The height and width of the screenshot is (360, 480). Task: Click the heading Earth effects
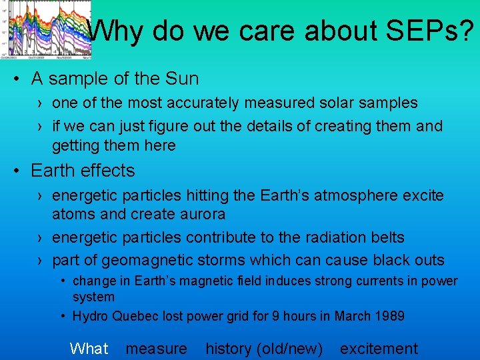pyautogui.click(x=83, y=171)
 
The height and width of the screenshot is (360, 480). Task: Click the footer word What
pyautogui.click(x=89, y=349)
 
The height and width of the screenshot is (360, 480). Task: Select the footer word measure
pyautogui.click(x=157, y=349)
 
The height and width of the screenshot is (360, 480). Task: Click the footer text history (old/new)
pyautogui.click(x=264, y=349)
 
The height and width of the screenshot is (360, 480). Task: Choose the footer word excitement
pyautogui.click(x=379, y=349)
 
